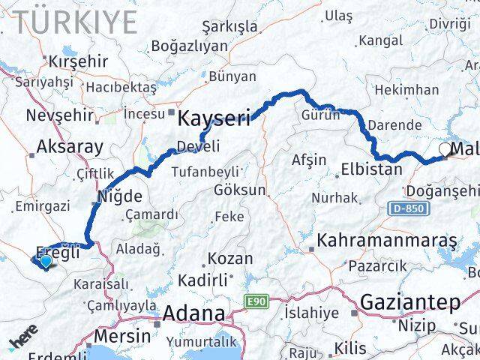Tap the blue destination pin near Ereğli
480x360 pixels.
pyautogui.click(x=46, y=261)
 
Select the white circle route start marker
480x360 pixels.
pyautogui.click(x=445, y=151)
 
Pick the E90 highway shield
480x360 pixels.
pyautogui.click(x=256, y=301)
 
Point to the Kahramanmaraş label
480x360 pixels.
pyautogui.click(x=387, y=241)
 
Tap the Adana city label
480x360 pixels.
pyautogui.click(x=193, y=313)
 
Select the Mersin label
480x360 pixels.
pyautogui.click(x=122, y=336)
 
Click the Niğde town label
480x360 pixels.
pyautogui.click(x=119, y=196)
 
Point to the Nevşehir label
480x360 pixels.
pyautogui.click(x=60, y=115)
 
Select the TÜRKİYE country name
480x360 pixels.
pyautogui.click(x=75, y=22)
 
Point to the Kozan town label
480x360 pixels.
pyautogui.click(x=230, y=258)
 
